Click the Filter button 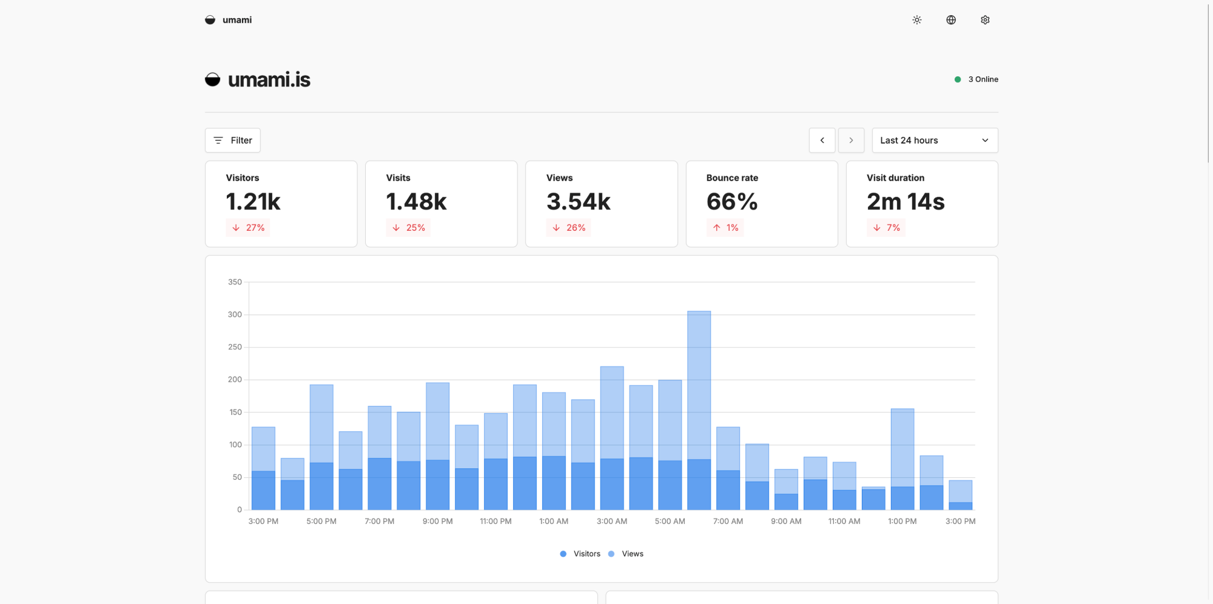tap(233, 141)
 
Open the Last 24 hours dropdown tap(934, 141)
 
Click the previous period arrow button tap(822, 141)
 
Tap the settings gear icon tap(985, 20)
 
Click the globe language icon tap(951, 20)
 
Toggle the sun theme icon tap(917, 20)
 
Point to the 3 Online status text tap(983, 79)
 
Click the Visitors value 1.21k tap(253, 202)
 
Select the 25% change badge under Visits tap(408, 228)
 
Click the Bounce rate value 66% tap(732, 202)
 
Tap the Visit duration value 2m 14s tap(906, 202)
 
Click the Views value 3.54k tap(578, 202)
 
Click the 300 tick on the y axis tap(235, 314)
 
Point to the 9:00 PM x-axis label tap(437, 521)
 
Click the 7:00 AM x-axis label tap(728, 521)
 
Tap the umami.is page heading tap(269, 79)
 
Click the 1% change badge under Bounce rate tap(725, 228)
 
